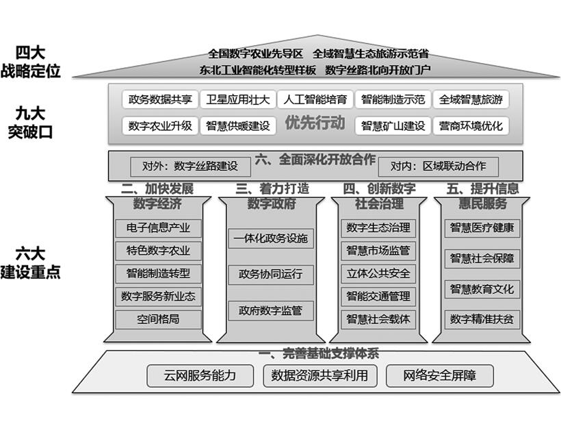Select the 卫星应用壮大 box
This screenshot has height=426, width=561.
coord(238,99)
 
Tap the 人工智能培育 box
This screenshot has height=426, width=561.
coord(316,99)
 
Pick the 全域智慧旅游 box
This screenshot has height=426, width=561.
coord(471,99)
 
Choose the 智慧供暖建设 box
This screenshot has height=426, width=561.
coord(237,126)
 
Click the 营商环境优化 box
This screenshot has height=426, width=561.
coord(471,126)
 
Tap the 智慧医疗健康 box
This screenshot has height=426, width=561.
coord(482,227)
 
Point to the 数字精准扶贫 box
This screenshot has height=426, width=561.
coord(482,318)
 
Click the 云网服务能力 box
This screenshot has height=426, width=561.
coord(200,375)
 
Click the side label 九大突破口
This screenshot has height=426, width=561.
coord(29,123)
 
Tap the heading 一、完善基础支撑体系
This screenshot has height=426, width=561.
coord(318,354)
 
